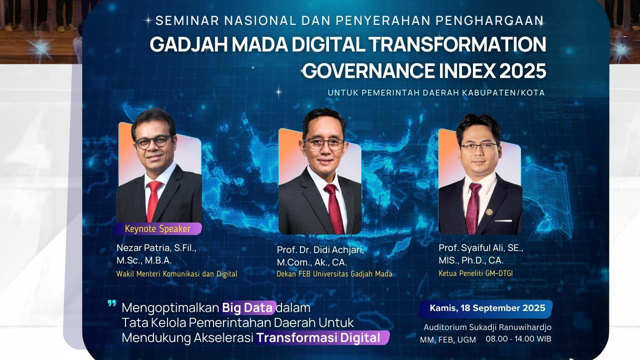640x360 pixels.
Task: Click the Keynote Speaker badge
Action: click(157, 229)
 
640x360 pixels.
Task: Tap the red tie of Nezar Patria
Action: click(153, 200)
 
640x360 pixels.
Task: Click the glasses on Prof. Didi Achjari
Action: click(324, 144)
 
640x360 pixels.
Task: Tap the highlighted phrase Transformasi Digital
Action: click(322, 337)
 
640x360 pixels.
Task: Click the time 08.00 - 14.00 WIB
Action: click(518, 338)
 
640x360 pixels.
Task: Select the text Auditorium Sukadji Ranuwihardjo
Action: click(487, 327)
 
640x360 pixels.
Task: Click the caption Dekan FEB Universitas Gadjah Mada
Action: click(334, 274)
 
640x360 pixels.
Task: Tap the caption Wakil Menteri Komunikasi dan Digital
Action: click(176, 274)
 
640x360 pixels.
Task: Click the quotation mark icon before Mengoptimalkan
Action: click(111, 303)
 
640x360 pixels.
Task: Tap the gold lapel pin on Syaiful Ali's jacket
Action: click(489, 211)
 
